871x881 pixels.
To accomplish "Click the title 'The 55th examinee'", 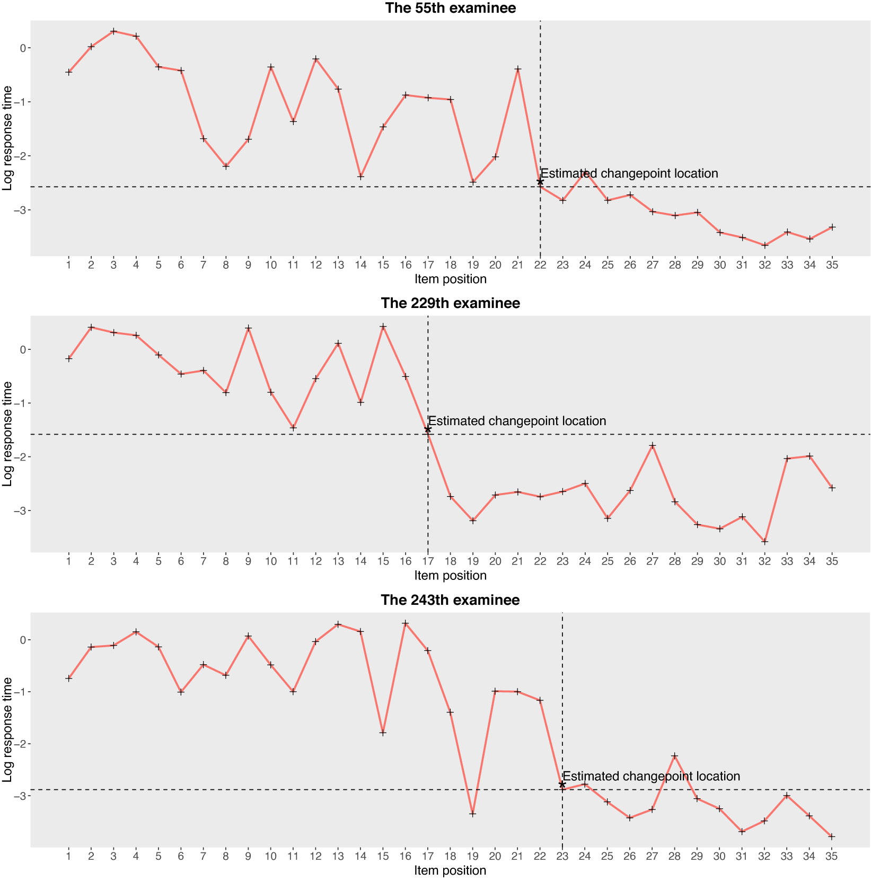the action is [x=450, y=8].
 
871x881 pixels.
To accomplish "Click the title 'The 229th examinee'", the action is [x=450, y=303].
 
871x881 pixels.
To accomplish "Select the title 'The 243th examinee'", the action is [x=450, y=600].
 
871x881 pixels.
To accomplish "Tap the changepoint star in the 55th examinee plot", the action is [x=540, y=182].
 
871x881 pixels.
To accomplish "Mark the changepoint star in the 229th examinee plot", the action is [x=428, y=429].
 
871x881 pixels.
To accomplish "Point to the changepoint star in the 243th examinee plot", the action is [x=562, y=785].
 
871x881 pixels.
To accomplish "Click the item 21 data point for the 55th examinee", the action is [x=518, y=69].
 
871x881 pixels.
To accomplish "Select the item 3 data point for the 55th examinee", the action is [x=113, y=31].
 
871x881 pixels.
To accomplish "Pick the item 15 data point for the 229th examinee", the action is [x=383, y=327].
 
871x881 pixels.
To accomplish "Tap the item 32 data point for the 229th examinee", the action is [x=764, y=542].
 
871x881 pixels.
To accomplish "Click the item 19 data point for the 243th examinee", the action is [x=473, y=814].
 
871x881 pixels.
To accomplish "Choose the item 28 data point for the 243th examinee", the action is [x=675, y=756].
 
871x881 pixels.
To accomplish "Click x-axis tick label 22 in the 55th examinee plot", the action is [x=540, y=265].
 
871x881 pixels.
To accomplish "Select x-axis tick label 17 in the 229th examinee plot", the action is [x=428, y=561].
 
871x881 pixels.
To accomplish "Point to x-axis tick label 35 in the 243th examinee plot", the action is [x=832, y=856].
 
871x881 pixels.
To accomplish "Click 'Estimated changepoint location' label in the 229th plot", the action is [x=517, y=421].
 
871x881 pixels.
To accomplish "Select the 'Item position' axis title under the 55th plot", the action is [x=450, y=279].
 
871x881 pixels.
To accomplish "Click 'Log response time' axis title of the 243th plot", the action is [x=7, y=729].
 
